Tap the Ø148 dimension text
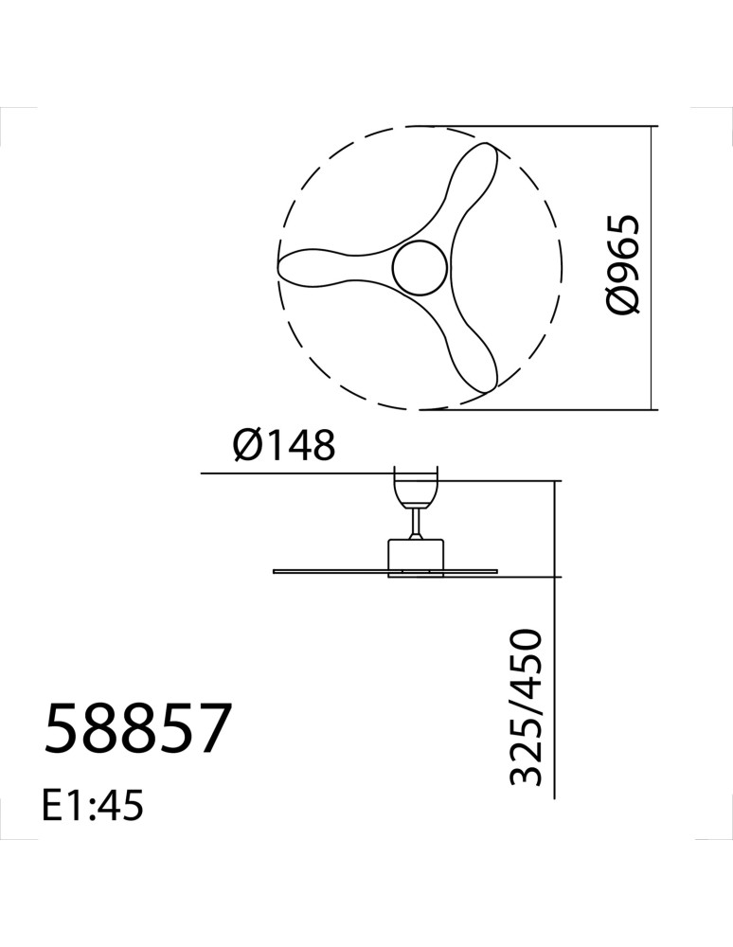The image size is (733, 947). click(x=284, y=446)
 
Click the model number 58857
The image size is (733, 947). click(x=137, y=727)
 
